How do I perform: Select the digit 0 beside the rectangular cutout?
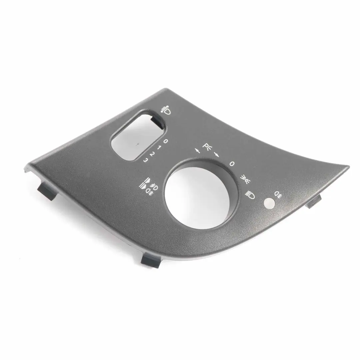(x=166, y=141)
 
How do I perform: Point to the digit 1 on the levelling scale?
(x=159, y=147)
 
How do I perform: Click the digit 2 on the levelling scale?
(x=152, y=154)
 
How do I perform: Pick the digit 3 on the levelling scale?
(x=145, y=160)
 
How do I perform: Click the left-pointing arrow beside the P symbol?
(x=199, y=151)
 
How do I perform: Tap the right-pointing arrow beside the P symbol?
(x=217, y=154)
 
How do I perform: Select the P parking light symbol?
(x=208, y=147)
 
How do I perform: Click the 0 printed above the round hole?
(x=232, y=164)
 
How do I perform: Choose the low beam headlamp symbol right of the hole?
(x=250, y=195)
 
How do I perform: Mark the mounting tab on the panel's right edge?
(x=314, y=201)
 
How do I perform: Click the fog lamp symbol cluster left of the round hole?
(x=148, y=187)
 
